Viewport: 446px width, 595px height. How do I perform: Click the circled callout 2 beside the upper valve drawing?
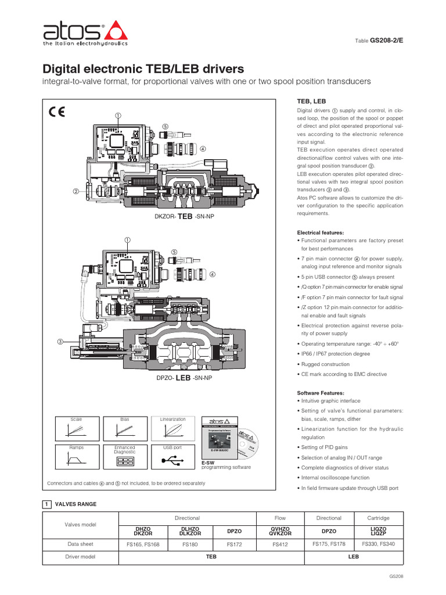pos(75,191)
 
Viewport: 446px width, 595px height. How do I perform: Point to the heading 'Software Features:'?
pos(321,392)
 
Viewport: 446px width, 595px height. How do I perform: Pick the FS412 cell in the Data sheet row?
pos(280,545)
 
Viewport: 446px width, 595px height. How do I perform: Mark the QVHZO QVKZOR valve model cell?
pos(280,531)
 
